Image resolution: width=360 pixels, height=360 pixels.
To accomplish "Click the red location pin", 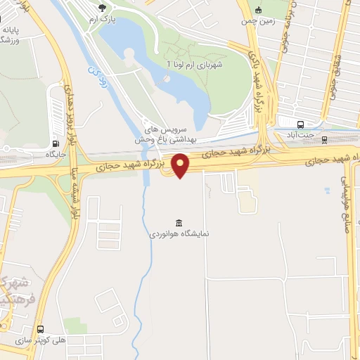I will pos(181,165).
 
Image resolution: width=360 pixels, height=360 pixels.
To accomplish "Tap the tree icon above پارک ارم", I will pos(103,8).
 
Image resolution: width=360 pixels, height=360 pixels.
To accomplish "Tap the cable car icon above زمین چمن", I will pos(259,9).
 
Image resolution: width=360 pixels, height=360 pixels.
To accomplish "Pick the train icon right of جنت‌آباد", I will pos(324,139).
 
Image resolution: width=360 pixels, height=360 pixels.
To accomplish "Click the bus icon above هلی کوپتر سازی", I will pos(40,328).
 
